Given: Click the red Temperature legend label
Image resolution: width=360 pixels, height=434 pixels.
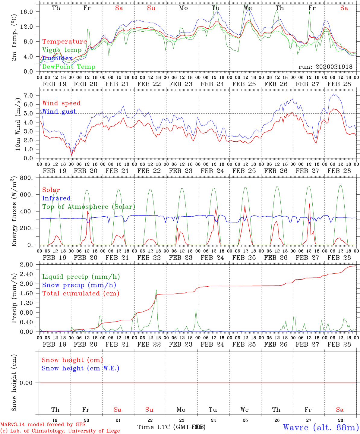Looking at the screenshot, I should [64, 42].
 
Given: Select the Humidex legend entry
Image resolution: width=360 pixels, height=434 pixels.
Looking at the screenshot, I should [57, 58].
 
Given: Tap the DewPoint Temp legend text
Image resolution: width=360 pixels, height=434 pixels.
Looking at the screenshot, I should [69, 67].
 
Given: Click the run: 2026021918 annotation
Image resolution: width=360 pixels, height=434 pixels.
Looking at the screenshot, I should [325, 67].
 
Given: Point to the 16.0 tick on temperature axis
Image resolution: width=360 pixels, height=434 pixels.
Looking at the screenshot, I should [27, 11].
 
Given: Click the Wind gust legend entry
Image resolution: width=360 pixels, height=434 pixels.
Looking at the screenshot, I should [59, 112].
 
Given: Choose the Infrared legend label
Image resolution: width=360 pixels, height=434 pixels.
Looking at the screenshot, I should [56, 198].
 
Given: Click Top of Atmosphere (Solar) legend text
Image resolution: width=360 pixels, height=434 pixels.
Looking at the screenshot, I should [89, 207].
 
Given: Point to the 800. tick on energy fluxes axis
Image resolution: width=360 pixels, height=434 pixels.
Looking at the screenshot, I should [27, 178].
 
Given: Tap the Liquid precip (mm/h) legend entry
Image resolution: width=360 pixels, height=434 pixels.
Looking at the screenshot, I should [81, 277].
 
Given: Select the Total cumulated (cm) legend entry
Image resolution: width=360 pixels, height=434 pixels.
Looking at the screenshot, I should [81, 294].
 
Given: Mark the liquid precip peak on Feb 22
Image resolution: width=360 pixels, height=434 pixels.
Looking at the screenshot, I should [156, 290].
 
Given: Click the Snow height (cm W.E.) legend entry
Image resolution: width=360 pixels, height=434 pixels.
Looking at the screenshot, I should [80, 368].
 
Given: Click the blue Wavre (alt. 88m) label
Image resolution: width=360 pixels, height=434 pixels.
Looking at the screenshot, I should [321, 427].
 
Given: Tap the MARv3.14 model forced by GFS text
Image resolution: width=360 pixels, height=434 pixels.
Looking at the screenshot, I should [43, 425].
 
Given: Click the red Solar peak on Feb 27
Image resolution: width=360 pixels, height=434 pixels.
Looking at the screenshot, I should [309, 204].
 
